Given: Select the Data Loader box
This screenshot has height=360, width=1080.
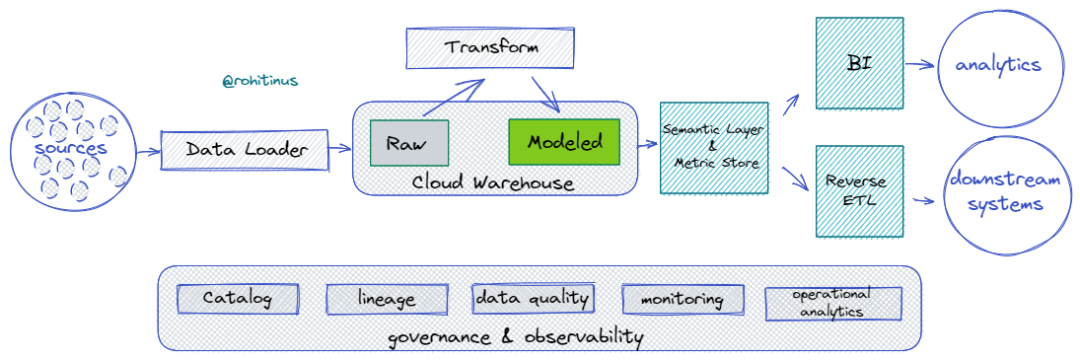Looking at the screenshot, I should pos(244,150).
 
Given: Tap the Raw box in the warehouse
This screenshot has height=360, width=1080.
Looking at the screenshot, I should pos(408,143).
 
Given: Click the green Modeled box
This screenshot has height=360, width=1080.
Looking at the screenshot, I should pos(564,142).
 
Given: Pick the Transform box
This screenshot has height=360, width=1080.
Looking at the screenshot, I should pos(490,48).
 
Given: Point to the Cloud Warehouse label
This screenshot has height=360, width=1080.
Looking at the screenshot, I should pos(493,182).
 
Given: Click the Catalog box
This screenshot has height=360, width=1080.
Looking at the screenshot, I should pos(238,298).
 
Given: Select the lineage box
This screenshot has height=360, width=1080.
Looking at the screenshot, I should pos(387,299).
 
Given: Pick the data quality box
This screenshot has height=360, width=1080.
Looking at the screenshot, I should pos(533,298).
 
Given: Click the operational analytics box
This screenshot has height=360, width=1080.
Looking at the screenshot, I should pos(833,303).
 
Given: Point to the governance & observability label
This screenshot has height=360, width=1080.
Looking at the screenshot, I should pos(515,337).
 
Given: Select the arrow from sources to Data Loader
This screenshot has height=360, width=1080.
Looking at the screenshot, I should pos(146,151).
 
